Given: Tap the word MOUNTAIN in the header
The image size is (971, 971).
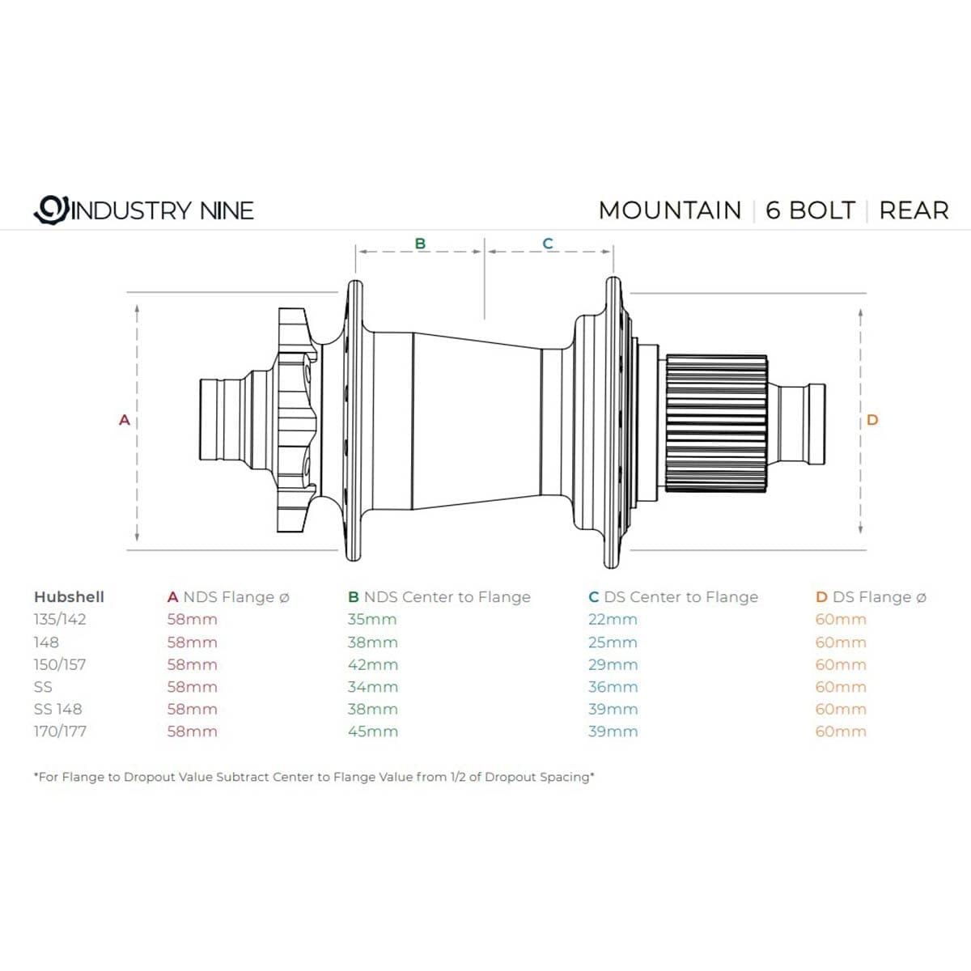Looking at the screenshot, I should tap(669, 210).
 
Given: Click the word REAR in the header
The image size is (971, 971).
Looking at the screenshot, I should tap(914, 210).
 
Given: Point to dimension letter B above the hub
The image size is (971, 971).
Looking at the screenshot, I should tap(420, 243).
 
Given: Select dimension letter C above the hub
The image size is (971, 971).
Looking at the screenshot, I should tap(548, 243).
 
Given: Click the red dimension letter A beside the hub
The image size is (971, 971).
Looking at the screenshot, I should tap(125, 420).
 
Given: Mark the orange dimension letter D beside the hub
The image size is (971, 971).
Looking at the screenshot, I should tap(871, 420).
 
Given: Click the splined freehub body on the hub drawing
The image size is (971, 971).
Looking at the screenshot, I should tap(717, 423).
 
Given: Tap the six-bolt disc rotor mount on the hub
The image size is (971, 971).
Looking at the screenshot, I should tap(295, 420).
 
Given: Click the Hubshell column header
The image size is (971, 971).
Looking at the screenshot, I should tap(69, 597).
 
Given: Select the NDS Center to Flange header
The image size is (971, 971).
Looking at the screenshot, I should tap(439, 597).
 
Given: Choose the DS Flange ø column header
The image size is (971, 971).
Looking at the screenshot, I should tap(871, 597).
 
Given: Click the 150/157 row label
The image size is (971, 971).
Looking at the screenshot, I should tap(60, 664).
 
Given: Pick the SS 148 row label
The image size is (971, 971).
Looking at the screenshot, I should tap(58, 709).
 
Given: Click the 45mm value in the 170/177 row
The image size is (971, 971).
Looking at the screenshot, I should tap(372, 731).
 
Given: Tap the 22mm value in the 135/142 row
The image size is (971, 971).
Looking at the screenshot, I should tap(613, 620).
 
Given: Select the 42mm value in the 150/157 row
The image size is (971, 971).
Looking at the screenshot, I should tap(372, 664).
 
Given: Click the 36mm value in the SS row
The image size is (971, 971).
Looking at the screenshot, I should tap(613, 687).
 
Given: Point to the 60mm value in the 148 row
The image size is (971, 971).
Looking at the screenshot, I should tap(841, 642).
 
